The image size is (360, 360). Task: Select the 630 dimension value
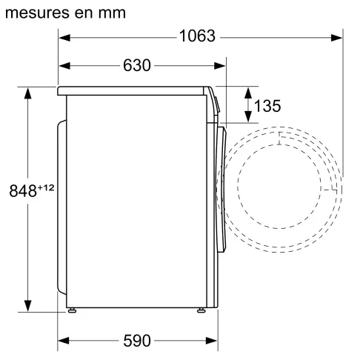[x=136, y=65]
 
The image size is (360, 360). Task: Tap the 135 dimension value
[x=267, y=106]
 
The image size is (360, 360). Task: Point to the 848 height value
[x=23, y=190]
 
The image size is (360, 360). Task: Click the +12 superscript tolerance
[x=46, y=187]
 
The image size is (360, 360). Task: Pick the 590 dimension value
[x=136, y=341]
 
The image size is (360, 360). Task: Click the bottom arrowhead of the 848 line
[x=28, y=307]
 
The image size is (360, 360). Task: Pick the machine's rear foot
[x=71, y=310]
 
